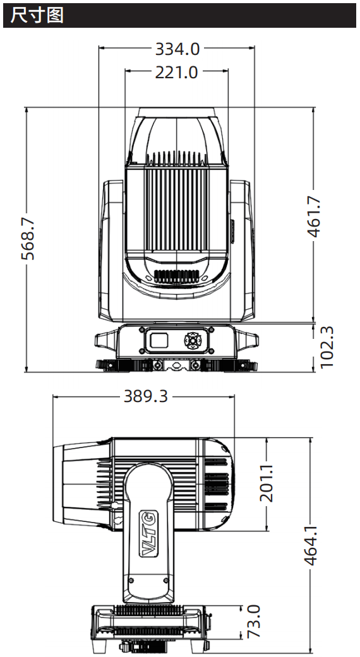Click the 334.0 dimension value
[x=177, y=49]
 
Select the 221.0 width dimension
[x=176, y=72]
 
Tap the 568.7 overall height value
[x=28, y=239]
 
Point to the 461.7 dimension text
[x=315, y=216]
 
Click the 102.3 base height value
[x=327, y=347]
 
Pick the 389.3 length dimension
[x=146, y=396]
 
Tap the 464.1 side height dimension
[x=311, y=545]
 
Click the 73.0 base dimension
[x=253, y=622]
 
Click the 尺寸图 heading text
[x=37, y=16]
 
